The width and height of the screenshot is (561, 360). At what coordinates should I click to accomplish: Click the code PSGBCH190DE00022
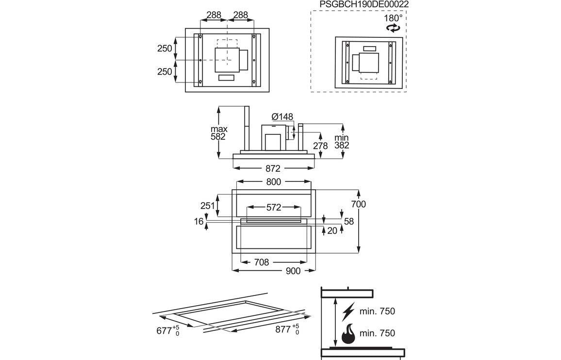[x=364, y=4]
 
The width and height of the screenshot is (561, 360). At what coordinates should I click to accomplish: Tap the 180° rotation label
[x=393, y=18]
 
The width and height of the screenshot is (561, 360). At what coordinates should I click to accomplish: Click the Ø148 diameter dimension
[x=282, y=116]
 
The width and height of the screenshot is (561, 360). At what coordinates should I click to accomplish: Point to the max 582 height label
[x=219, y=133]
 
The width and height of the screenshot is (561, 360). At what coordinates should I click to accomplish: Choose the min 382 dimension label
[x=342, y=141]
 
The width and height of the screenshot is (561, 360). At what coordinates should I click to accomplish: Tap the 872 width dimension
[x=273, y=168]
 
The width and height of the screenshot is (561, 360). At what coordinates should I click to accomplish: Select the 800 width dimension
[x=274, y=182]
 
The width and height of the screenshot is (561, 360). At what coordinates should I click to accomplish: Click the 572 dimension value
[x=274, y=207]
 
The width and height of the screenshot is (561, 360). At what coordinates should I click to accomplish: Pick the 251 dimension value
[x=208, y=206]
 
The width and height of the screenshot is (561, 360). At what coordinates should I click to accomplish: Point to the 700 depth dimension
[x=358, y=204]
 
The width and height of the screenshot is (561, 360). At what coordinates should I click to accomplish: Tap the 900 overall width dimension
[x=293, y=271]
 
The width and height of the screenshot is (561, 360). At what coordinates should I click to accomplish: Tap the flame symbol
[x=347, y=333]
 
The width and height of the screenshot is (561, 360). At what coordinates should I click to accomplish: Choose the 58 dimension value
[x=348, y=221]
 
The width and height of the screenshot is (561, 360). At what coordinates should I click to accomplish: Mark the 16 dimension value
[x=198, y=221]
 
